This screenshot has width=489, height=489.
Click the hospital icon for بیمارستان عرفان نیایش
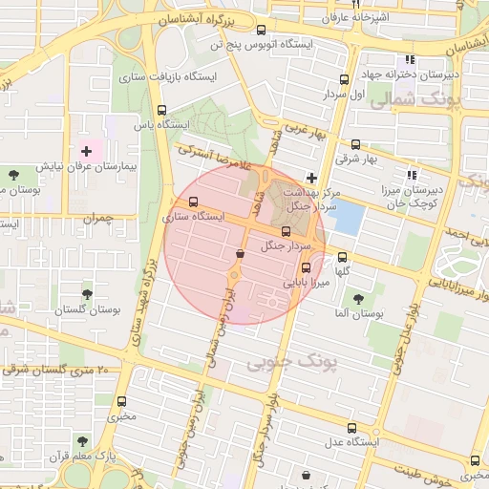pyautogui.click(x=87, y=151)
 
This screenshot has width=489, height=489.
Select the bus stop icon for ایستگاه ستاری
pyautogui.click(x=195, y=202)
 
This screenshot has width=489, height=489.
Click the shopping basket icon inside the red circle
pyautogui.click(x=240, y=253)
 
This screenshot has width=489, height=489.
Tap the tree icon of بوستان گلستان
pyautogui.click(x=87, y=295)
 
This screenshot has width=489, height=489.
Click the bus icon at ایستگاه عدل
pyautogui.click(x=351, y=428)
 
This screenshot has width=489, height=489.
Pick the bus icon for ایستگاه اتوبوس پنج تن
pyautogui.click(x=262, y=30)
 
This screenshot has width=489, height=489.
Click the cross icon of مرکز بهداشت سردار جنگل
pyautogui.click(x=311, y=177)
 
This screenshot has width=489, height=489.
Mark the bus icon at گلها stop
pyautogui.click(x=344, y=256)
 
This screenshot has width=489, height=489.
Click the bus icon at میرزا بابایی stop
pyautogui.click(x=306, y=268)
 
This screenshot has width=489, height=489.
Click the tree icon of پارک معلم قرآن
pyautogui.click(x=81, y=441)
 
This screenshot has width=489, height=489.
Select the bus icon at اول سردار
pyautogui.click(x=345, y=80)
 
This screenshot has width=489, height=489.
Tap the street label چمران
pyautogui.click(x=97, y=219)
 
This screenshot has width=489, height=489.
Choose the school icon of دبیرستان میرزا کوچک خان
pyautogui.click(x=412, y=175)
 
